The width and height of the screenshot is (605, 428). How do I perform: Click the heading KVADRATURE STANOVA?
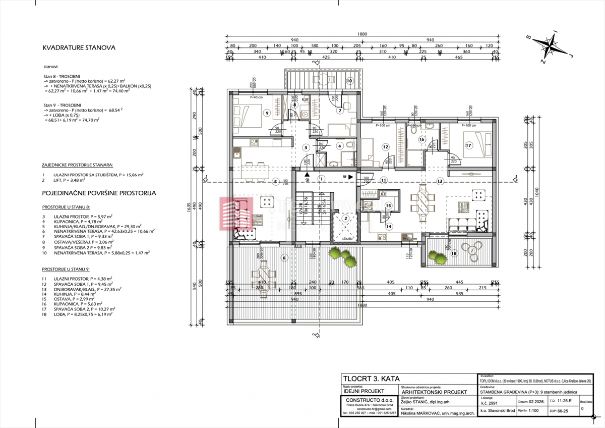[79, 48]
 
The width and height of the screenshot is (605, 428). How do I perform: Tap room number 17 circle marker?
[468, 145]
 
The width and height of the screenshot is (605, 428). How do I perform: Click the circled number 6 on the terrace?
[284, 258]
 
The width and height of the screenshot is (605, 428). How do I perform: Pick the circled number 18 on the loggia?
[454, 253]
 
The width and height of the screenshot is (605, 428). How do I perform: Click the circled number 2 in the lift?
[345, 219]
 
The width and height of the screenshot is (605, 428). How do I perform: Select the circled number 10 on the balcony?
[349, 81]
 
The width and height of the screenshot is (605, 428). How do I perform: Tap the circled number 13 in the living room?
[440, 180]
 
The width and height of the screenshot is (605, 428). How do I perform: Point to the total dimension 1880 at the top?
[362, 34]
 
